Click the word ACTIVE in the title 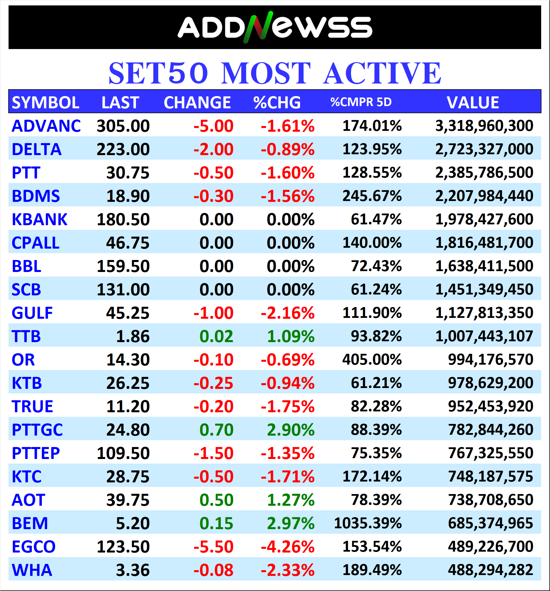382,73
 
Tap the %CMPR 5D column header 361,102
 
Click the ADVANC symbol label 46,126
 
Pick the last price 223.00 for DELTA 123,149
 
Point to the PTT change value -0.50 213,173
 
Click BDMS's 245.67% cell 372,196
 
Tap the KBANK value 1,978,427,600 484,220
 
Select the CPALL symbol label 36,243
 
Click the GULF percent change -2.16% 287,313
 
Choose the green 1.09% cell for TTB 290,336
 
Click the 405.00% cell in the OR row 372,360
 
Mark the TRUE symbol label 32,406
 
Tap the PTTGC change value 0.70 216,430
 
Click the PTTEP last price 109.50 123,453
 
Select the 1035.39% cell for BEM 368,523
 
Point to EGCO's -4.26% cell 287,547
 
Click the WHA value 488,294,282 490,570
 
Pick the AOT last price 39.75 128,500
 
